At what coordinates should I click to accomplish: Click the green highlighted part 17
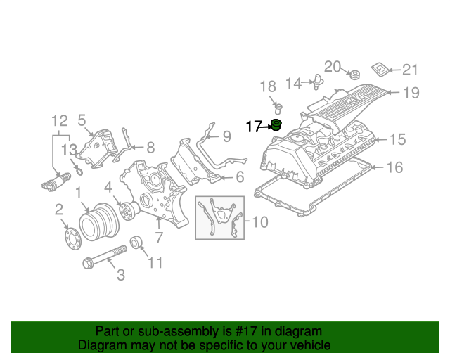[x=276, y=127]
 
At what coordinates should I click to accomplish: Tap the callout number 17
[x=254, y=127]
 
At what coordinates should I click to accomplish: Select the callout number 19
[x=411, y=92]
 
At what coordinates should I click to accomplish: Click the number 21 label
[x=410, y=69]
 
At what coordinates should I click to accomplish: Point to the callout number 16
[x=396, y=167]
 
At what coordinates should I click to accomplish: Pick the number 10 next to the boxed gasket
[x=259, y=223]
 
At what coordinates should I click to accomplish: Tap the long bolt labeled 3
[x=105, y=256]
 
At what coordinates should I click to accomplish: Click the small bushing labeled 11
[x=136, y=243]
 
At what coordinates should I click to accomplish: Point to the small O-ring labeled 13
[x=79, y=169]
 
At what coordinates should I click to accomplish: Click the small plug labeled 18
[x=278, y=107]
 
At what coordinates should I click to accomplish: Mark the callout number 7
[x=160, y=238]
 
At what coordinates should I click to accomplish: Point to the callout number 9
[x=226, y=136]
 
